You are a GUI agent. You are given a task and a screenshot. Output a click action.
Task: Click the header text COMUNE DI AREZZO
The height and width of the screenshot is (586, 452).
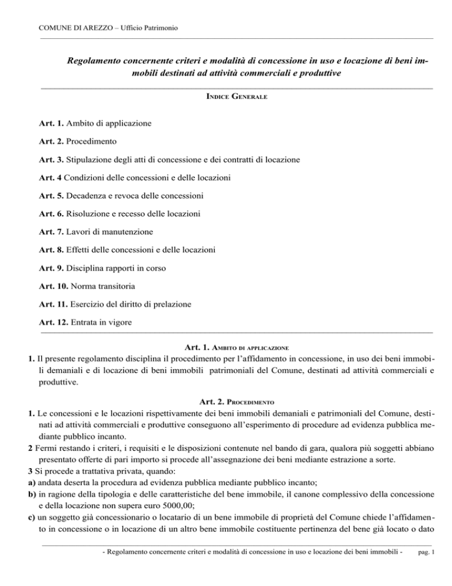pos(77,28)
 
